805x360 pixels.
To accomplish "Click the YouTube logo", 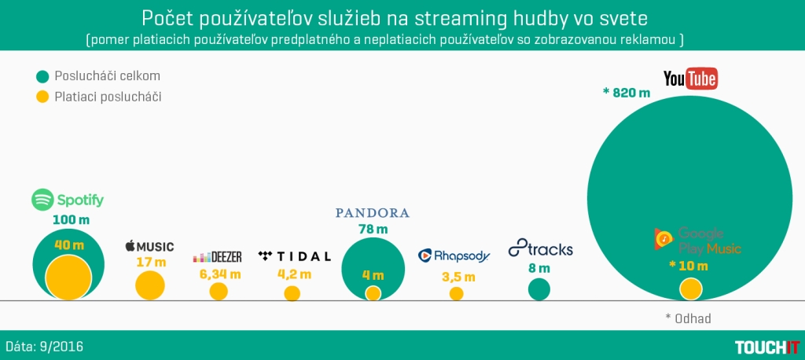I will pos(691,79).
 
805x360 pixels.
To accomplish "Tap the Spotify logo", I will pos(68,200).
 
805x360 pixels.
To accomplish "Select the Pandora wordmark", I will pos(373,213).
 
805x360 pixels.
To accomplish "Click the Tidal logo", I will pos(294,256).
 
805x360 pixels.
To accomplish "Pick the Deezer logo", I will pos(218,257).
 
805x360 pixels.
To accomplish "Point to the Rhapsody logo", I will pos(454,255).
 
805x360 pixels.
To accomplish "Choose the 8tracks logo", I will pos(541,249).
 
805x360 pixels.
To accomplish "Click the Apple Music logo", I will pos(149,247).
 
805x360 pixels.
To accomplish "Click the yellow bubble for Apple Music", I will pos(150,285).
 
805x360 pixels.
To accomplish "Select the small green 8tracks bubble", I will pos(539,289).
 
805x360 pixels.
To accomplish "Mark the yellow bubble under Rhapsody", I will pos(456,293).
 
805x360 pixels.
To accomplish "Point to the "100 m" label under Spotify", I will pos(68,219).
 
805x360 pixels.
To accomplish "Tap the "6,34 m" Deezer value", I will pos(218,275).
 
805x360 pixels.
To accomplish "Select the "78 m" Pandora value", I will pos(373,230).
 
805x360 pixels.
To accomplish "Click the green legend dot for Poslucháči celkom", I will pos(42,76).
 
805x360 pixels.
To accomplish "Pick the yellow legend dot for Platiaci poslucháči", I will pos(42,97).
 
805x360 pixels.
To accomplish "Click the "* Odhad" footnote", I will pos(688,318).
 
